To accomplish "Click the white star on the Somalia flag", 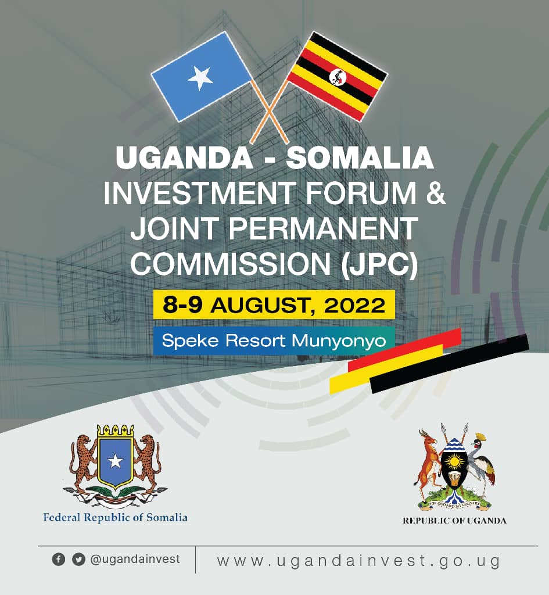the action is tap(200, 78).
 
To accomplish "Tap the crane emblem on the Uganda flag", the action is tap(338, 77).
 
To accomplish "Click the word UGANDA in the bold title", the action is tap(184, 157).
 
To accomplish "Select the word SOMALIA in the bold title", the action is tap(360, 157).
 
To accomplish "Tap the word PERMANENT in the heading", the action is tap(323, 228).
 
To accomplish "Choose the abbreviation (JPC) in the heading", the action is tap(379, 264).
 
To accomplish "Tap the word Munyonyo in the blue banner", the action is tap(339, 341).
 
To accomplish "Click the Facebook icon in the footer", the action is tap(59, 560).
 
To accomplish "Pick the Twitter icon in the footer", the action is tap(78, 560).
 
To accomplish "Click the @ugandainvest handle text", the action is tap(135, 560).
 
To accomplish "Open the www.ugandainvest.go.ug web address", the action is tap(358, 561).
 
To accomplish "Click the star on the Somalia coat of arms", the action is tap(116, 461).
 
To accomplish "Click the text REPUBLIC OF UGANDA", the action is tap(454, 521).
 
